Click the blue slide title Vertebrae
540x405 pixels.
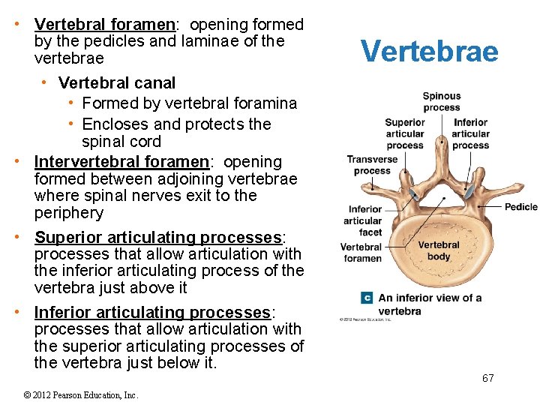point(429,51)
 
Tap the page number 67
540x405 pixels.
point(487,378)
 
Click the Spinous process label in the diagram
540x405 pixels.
point(442,102)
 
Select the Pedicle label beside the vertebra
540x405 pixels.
point(520,207)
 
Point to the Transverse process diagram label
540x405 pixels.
point(372,165)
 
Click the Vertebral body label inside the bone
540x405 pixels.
point(439,250)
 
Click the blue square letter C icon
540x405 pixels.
point(367,298)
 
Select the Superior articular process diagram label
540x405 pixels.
point(405,133)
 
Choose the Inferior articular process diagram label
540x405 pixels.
point(470,133)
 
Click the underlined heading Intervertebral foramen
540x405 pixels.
point(121,162)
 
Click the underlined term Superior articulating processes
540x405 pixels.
point(157,238)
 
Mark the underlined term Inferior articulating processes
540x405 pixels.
point(152,312)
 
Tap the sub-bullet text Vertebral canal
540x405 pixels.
point(117,82)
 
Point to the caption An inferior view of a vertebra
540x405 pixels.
point(429,304)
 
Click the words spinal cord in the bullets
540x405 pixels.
point(121,141)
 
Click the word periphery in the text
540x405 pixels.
point(69,213)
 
